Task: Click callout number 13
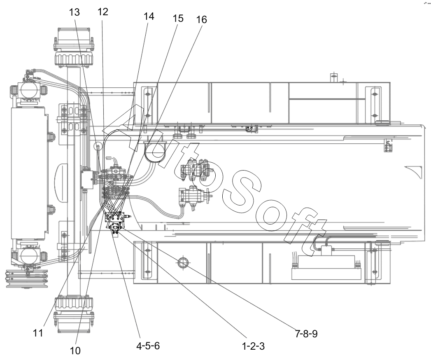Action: click(74, 12)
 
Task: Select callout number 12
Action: click(103, 12)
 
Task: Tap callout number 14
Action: click(149, 16)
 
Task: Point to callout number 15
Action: click(178, 19)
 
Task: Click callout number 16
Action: click(201, 19)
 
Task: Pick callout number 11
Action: click(38, 333)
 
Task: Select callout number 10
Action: click(75, 351)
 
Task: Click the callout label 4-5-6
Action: click(148, 346)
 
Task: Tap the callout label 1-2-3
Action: click(253, 346)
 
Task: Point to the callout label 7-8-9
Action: click(306, 334)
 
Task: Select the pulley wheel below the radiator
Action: click(27, 279)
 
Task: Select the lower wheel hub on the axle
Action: click(74, 313)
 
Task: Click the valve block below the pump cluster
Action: click(115, 217)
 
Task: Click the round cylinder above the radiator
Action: click(28, 90)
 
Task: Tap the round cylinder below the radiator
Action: click(28, 255)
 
